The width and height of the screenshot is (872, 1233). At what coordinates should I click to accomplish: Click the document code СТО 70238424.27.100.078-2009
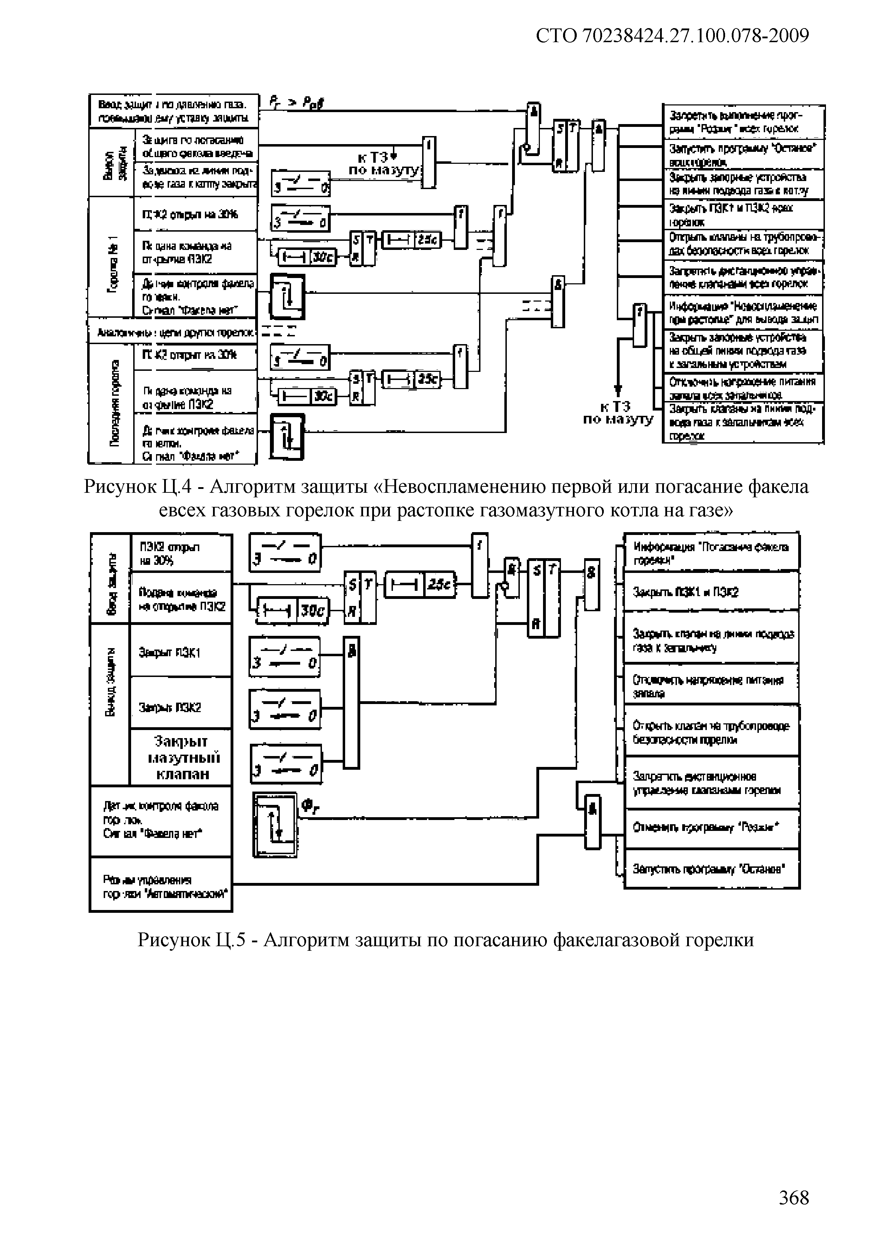coord(672,35)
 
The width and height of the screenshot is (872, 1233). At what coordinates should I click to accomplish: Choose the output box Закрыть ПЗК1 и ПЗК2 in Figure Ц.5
coord(711,592)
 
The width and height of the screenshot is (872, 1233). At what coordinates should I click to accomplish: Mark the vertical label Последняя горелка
coord(113,403)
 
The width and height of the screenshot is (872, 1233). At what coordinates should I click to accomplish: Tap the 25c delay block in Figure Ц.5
coord(420,585)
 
